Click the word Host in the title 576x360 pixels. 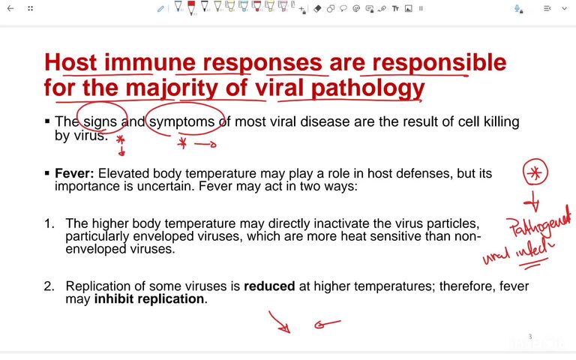(x=72, y=62)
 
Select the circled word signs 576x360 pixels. (x=100, y=121)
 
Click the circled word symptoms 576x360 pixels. (x=184, y=121)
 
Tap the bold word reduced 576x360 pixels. (x=268, y=286)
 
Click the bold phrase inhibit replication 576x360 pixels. (x=149, y=298)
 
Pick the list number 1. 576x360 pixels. (x=49, y=223)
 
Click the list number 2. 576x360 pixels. (x=49, y=286)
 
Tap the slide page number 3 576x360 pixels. (x=529, y=337)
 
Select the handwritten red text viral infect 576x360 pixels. (x=517, y=249)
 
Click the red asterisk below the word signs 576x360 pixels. (x=120, y=140)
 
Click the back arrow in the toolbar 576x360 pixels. (x=10, y=8)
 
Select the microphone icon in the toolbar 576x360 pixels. (x=517, y=8)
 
